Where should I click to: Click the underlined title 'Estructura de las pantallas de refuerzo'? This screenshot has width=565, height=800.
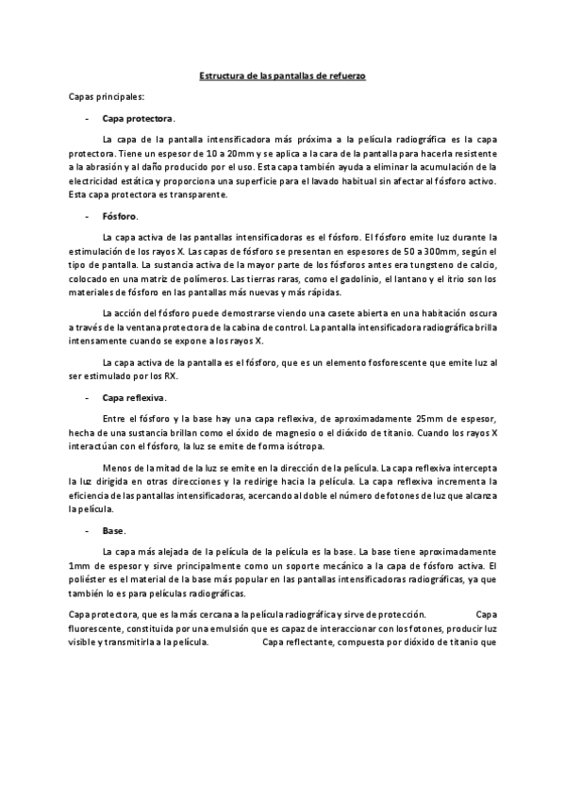(x=282, y=75)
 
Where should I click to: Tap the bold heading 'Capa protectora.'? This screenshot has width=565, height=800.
(x=138, y=119)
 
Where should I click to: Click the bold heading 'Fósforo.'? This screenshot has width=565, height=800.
(x=120, y=216)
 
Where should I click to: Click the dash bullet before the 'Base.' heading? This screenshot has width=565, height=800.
(x=88, y=531)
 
